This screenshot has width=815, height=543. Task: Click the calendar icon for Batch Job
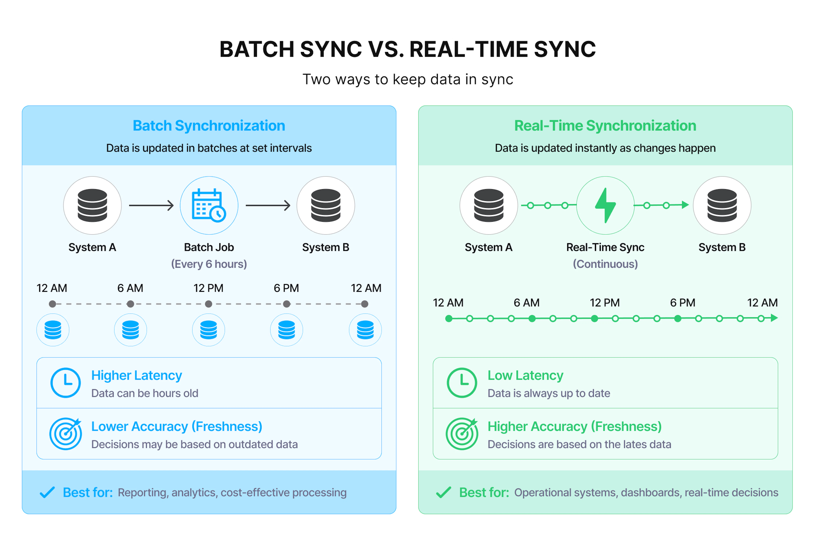209,205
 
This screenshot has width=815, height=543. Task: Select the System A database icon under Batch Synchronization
92,205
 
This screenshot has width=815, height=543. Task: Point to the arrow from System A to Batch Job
151,205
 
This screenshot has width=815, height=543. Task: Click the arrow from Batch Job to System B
268,205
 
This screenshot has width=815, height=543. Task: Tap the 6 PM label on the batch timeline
286,288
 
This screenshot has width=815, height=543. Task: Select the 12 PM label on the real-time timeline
605,303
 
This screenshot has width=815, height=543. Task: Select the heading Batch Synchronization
209,126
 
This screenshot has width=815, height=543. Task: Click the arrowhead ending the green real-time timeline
774,318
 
